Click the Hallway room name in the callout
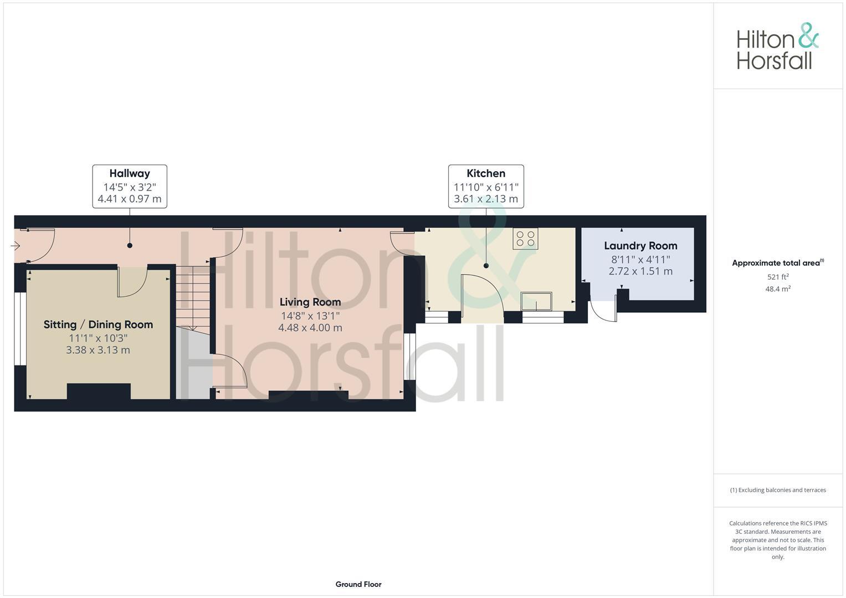tap(129, 173)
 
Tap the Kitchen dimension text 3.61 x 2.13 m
tap(486, 199)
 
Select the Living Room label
tap(310, 302)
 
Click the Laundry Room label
tap(640, 246)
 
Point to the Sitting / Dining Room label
tap(98, 324)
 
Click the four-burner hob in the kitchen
tap(525, 239)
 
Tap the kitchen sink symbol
tap(536, 301)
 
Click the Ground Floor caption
tap(358, 584)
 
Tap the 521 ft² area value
tap(778, 277)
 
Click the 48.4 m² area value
tap(778, 289)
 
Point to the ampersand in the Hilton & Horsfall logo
tap(808, 37)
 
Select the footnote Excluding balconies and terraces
tap(778, 490)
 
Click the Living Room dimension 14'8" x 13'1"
tap(310, 316)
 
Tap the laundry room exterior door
tap(603, 311)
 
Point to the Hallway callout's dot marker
tap(130, 245)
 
